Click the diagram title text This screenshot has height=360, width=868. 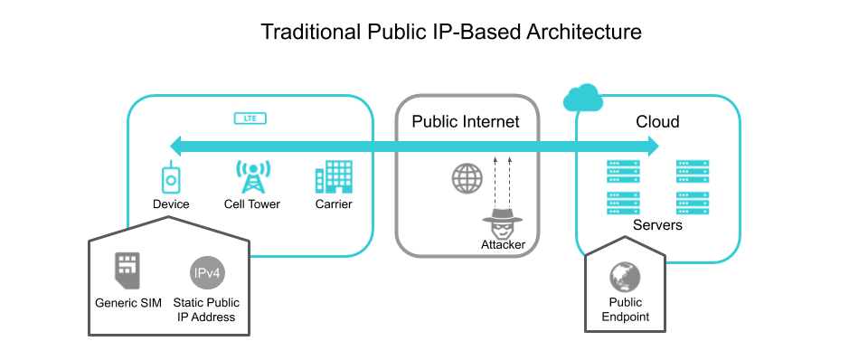pyautogui.click(x=451, y=32)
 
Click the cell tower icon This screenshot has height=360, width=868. pyautogui.click(x=251, y=176)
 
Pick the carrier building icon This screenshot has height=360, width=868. pyautogui.click(x=333, y=177)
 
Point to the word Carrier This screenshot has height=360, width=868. pyautogui.click(x=334, y=204)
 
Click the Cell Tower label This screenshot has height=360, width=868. pyautogui.click(x=252, y=204)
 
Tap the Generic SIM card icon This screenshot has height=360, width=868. pyautogui.click(x=127, y=269)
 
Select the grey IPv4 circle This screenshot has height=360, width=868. pyautogui.click(x=205, y=272)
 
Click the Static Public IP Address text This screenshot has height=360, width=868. pyautogui.click(x=206, y=310)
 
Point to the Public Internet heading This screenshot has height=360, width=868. pyautogui.click(x=467, y=122)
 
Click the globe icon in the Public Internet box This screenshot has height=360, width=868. pyautogui.click(x=467, y=178)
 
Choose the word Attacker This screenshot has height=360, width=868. pyautogui.click(x=504, y=246)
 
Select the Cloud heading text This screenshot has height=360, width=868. pyautogui.click(x=657, y=122)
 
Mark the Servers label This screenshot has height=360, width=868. pyautogui.click(x=657, y=224)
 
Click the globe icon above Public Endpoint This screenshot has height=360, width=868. pyautogui.click(x=625, y=276)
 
